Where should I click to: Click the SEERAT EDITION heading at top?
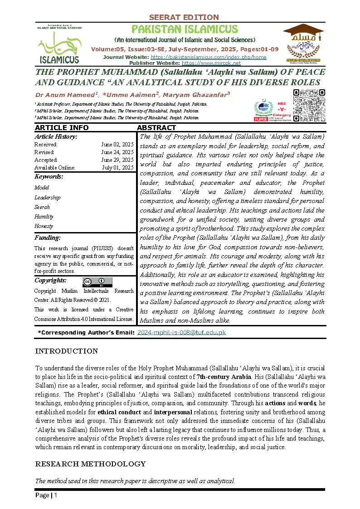click(x=184, y=17)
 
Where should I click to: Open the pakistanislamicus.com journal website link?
click(x=208, y=57)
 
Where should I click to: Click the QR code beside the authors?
click(x=309, y=106)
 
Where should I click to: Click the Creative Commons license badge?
click(x=97, y=282)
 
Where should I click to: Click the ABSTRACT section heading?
click(x=156, y=128)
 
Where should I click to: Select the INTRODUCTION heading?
click(x=66, y=351)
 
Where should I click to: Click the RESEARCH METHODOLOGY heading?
click(x=90, y=464)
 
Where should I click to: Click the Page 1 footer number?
click(x=46, y=495)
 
